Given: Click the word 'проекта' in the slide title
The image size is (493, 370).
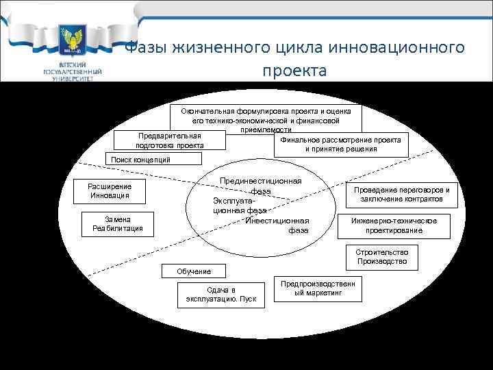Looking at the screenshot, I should coord(294,71).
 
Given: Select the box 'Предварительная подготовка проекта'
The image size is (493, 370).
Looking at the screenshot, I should coord(170,140).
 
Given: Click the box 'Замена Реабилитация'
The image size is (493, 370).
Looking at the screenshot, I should coord(113,224).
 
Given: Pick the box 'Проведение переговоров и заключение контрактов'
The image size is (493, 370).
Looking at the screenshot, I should coord(401,195).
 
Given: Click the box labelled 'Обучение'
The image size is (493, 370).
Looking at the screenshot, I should coord(194,271).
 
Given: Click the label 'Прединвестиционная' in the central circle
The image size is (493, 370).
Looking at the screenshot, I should coord(261,181).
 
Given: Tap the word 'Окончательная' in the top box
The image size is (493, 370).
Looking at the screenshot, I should coord(208,111).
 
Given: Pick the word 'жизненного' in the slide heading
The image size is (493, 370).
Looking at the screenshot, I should coord(206,49).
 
